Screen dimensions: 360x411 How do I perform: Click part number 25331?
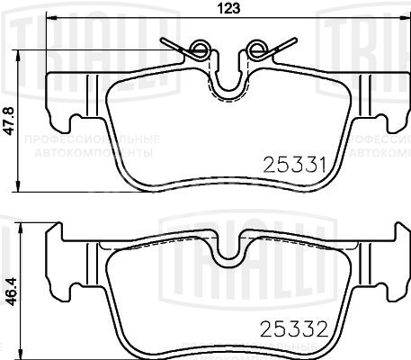tap(291, 164)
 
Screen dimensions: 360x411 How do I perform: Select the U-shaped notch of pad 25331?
tap(232, 85)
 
